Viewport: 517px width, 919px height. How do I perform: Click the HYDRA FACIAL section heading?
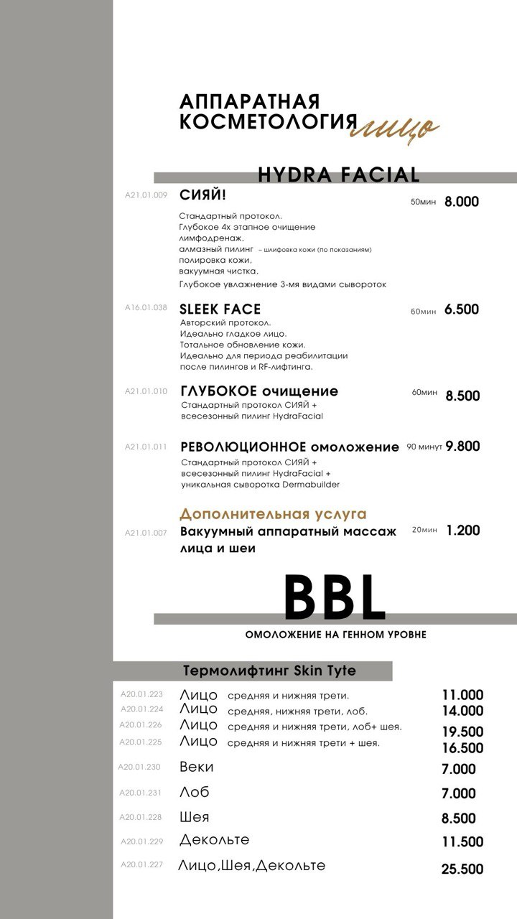point(338,174)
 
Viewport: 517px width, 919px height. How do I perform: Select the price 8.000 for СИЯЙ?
point(461,202)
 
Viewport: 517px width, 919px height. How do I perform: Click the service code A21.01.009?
point(146,195)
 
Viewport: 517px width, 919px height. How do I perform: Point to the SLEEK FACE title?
point(220,309)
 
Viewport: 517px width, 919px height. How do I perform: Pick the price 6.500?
point(461,309)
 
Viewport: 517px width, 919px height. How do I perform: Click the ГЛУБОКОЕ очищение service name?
point(259,391)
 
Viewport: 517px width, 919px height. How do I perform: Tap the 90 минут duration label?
point(424,447)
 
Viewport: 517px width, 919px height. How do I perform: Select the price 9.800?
point(462,446)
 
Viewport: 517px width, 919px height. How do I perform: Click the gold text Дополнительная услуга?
point(273,514)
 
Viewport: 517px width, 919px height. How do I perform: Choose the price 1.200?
point(463,531)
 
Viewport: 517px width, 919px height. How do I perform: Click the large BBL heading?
point(335,598)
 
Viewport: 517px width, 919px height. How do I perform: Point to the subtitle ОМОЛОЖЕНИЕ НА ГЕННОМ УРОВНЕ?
point(335,635)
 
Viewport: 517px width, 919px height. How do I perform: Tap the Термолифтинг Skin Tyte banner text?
point(269,671)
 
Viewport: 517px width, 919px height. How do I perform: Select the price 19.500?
point(462,732)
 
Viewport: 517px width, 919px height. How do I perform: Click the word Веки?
point(197,767)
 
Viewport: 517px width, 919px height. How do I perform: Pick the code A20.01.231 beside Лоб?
point(141,793)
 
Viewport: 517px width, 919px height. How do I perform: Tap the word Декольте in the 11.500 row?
point(215,840)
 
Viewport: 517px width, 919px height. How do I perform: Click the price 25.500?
point(462,869)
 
